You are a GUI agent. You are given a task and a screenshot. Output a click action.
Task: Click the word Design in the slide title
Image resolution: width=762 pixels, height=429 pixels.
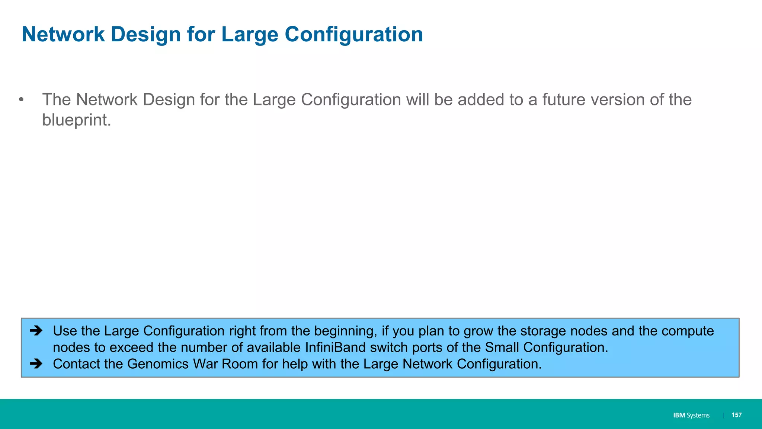click(145, 35)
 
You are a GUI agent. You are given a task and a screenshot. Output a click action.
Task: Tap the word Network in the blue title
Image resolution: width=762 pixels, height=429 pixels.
click(63, 35)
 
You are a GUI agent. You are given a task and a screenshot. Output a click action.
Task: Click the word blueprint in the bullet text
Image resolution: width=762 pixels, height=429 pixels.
click(76, 120)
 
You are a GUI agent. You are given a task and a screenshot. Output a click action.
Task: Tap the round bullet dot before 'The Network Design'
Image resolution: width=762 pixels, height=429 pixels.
click(21, 99)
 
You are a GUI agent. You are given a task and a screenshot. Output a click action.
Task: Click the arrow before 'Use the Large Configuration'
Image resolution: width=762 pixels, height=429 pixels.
click(36, 331)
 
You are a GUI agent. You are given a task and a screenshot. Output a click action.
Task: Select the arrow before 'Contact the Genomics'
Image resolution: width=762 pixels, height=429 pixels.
click(36, 363)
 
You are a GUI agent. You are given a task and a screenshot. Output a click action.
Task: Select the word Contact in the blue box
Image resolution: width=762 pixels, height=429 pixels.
click(76, 364)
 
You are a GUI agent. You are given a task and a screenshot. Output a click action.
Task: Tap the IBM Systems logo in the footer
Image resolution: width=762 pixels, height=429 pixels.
click(691, 415)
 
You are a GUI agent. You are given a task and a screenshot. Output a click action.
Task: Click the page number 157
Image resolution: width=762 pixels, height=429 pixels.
click(736, 415)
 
